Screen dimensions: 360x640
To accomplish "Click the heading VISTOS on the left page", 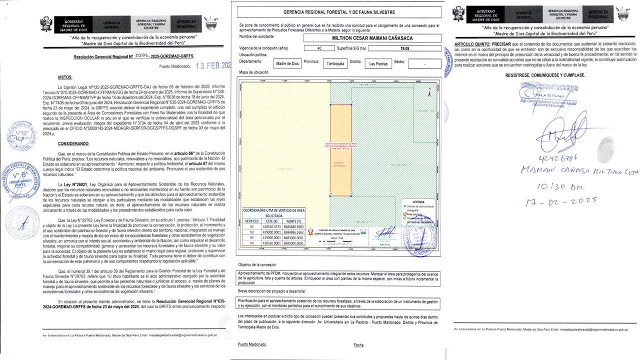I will (x=65, y=78).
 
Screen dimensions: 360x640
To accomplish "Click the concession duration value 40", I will (x=319, y=48).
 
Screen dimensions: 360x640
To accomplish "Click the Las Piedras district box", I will (x=378, y=63).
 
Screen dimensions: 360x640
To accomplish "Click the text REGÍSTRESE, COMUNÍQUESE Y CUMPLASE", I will (x=544, y=75).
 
